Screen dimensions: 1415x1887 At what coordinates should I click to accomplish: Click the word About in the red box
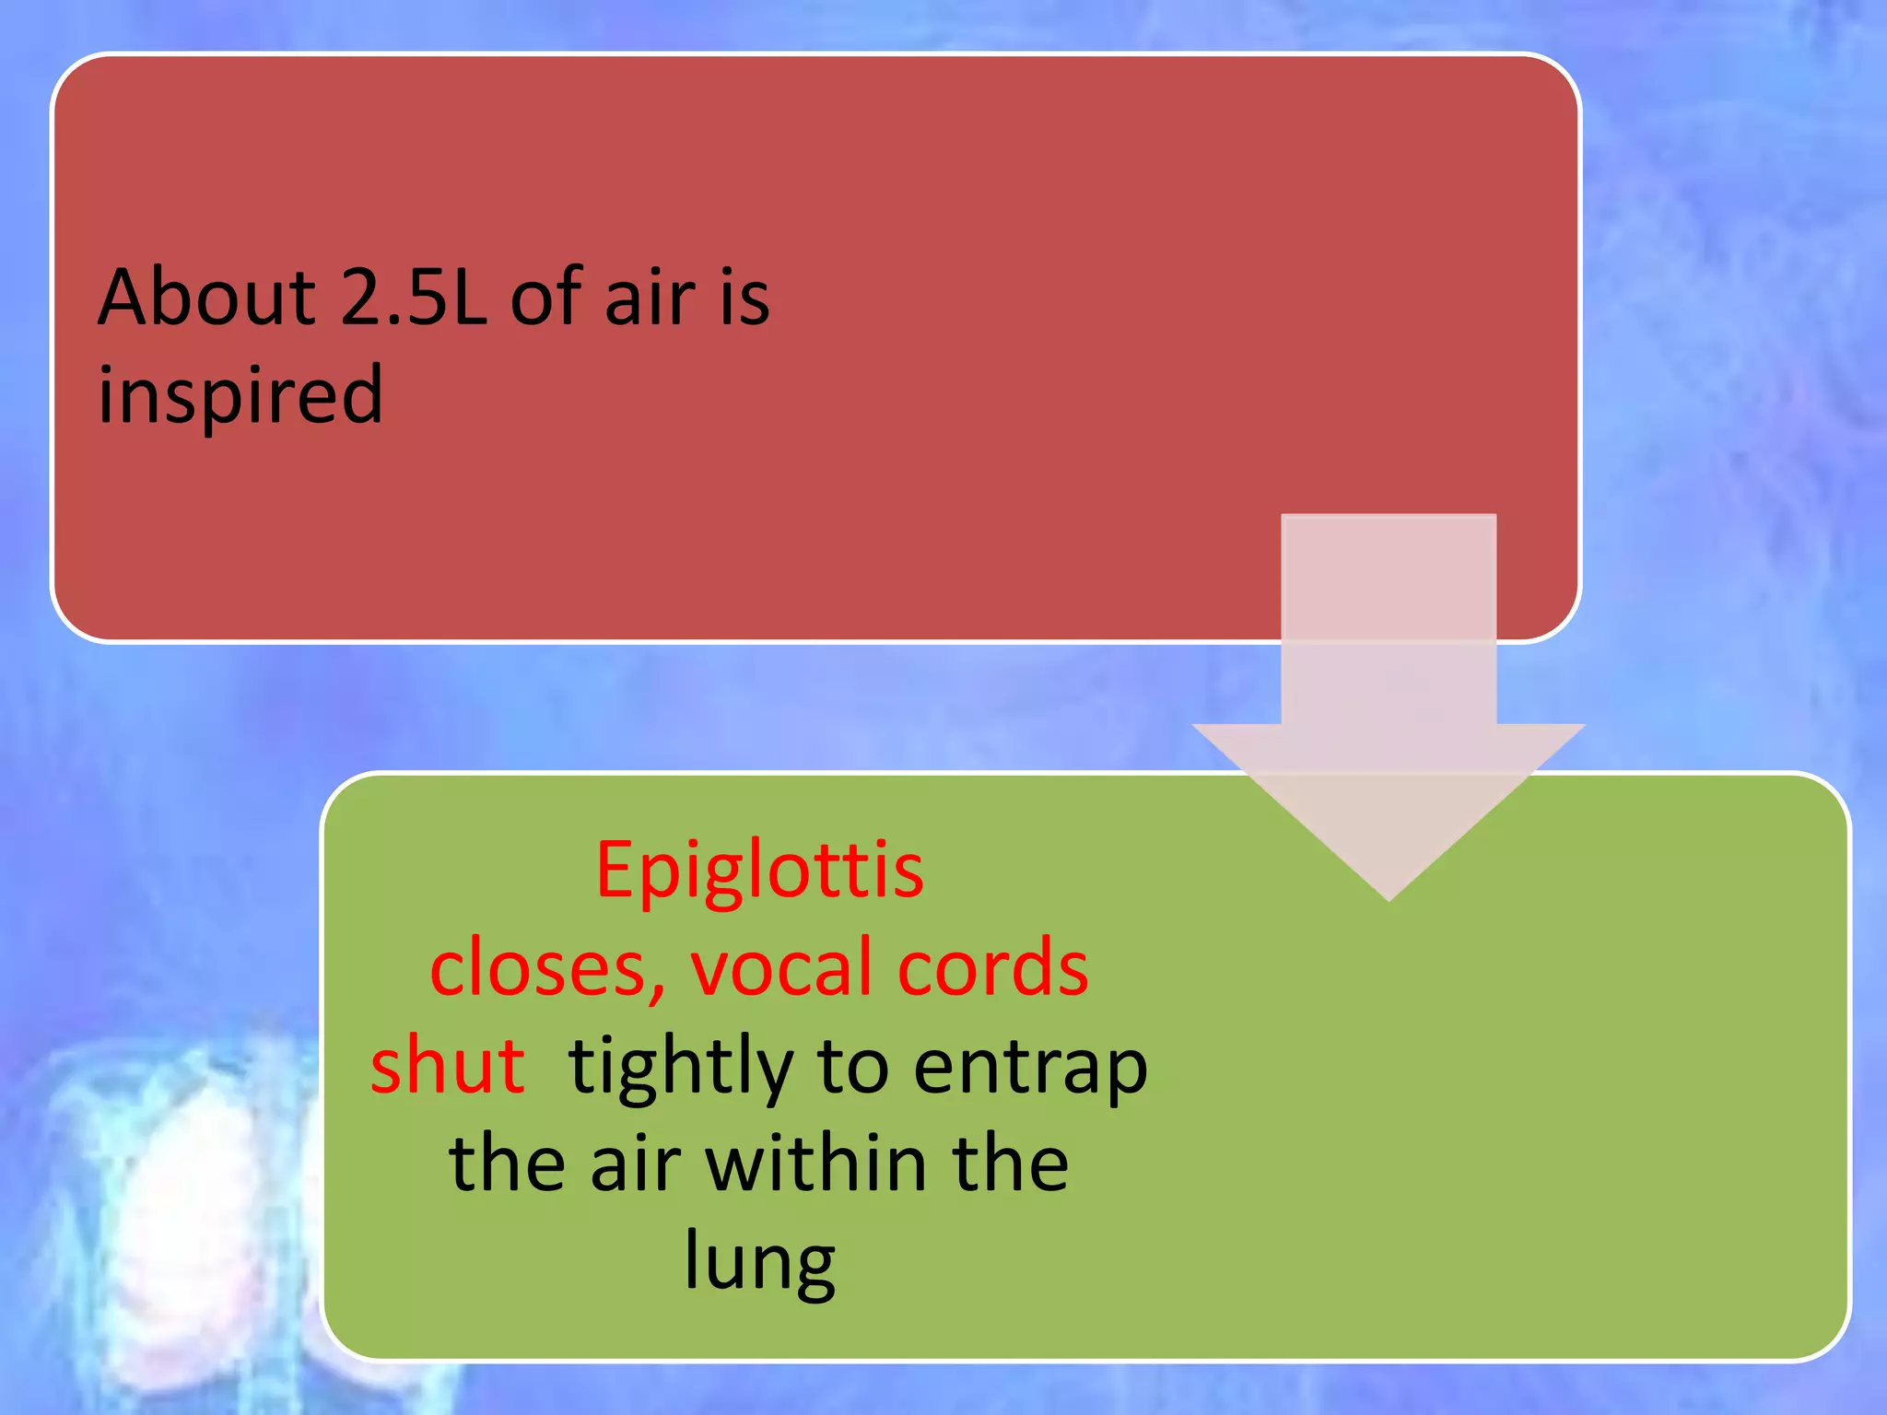[207, 297]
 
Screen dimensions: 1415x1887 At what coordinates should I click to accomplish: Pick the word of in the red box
[545, 297]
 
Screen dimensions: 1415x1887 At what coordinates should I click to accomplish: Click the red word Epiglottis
[759, 871]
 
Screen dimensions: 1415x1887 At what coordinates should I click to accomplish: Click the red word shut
[448, 1066]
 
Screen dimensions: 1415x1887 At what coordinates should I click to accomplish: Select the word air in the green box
[635, 1164]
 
